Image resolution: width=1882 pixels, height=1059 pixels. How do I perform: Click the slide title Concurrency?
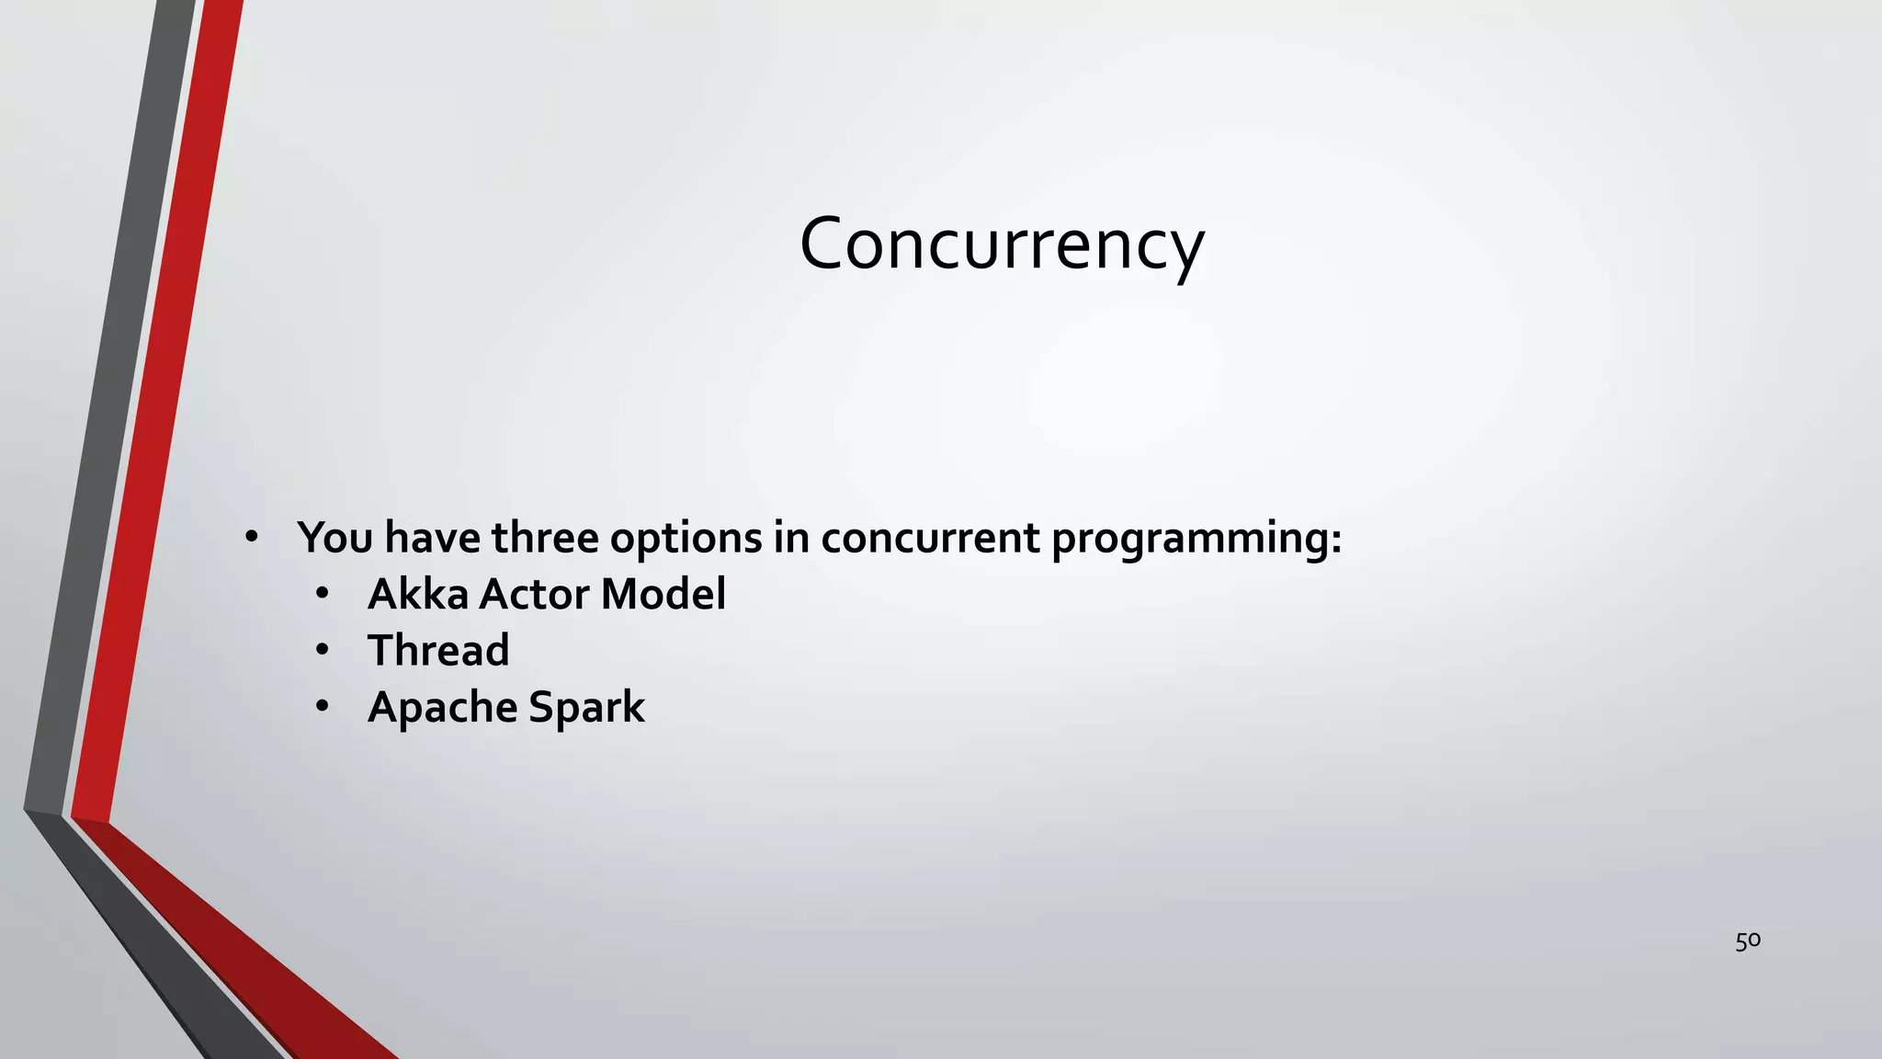(1002, 245)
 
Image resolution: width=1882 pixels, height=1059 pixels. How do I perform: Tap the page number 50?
(1747, 940)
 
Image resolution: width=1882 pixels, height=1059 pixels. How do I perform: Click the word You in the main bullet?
(334, 538)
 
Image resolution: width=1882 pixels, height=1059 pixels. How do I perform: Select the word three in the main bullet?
(545, 538)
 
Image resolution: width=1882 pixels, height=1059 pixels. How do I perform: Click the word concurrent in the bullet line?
(929, 538)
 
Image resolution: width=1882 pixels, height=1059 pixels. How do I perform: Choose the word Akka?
(418, 594)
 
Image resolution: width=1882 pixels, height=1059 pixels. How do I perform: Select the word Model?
(663, 594)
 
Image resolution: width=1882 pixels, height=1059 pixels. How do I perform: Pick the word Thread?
(438, 651)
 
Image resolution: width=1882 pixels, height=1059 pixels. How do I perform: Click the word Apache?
(443, 708)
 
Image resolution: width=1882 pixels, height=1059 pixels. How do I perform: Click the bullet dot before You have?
(251, 537)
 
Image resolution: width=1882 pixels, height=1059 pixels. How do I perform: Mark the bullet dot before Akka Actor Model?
(321, 594)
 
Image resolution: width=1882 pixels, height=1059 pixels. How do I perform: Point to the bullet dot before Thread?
(321, 651)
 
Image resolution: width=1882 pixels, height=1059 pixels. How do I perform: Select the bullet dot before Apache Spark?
(321, 707)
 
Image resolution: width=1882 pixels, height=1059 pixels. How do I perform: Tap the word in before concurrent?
(790, 538)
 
